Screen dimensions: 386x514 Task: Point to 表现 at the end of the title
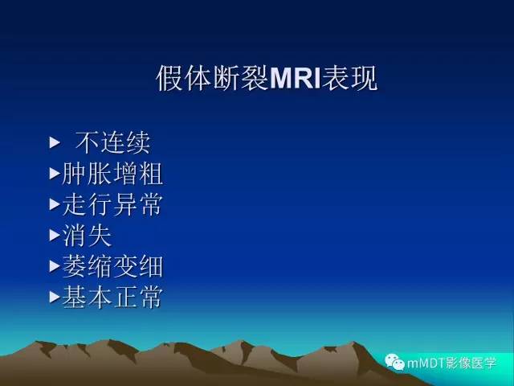coord(349,80)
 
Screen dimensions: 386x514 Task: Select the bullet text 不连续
coord(112,143)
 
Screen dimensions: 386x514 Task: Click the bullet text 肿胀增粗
coord(112,174)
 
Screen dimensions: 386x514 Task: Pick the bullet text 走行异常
coord(112,204)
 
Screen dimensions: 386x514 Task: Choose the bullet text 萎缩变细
coord(112,266)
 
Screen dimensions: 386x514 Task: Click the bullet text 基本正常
coord(112,297)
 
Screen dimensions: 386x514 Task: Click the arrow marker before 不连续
coord(55,143)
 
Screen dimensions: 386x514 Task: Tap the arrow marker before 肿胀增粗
coord(54,173)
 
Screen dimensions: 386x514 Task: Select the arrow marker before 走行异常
coord(54,204)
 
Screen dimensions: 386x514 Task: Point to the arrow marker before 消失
coord(54,235)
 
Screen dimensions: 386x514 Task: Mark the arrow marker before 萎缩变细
coord(54,265)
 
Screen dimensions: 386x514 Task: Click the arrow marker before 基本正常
coord(54,297)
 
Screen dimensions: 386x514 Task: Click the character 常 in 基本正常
coord(150,297)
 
